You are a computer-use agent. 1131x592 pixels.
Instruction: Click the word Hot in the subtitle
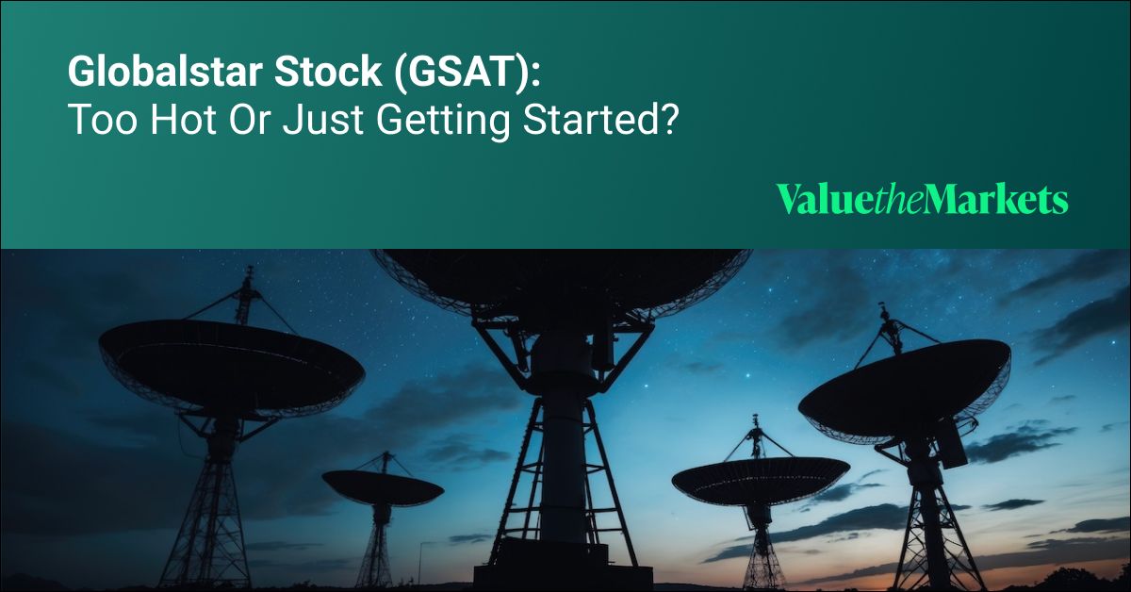click(164, 122)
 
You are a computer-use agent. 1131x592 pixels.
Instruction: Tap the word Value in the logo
click(812, 200)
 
